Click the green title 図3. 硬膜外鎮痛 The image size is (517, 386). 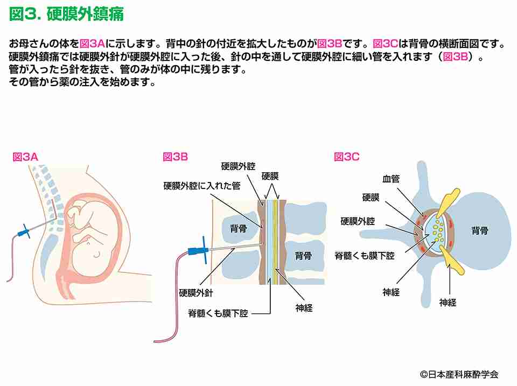(x=66, y=14)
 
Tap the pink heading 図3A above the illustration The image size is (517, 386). (x=25, y=157)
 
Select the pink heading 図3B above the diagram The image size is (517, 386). (x=176, y=157)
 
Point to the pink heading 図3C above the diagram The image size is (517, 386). (x=346, y=157)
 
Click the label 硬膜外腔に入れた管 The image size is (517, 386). (x=202, y=186)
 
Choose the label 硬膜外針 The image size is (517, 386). (x=196, y=293)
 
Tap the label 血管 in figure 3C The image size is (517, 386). (x=391, y=179)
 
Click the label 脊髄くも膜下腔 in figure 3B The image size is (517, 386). (x=218, y=313)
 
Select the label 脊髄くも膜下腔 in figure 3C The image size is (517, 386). (x=365, y=256)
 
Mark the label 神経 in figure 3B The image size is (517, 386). (x=304, y=308)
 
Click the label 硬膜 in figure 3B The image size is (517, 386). (x=270, y=177)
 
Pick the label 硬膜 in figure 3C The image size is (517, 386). (x=371, y=198)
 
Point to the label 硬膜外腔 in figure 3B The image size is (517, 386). (x=238, y=166)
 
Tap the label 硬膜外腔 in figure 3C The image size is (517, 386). (x=358, y=221)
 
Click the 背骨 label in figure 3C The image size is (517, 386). (x=480, y=230)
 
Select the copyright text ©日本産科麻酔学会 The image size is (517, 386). (x=459, y=375)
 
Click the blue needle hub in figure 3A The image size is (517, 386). (x=24, y=231)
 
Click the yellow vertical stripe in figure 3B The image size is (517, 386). (x=275, y=242)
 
